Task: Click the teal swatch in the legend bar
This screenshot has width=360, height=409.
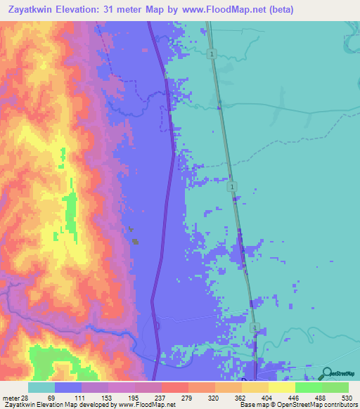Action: (x=41, y=387)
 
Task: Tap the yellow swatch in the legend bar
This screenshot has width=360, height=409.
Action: (x=282, y=387)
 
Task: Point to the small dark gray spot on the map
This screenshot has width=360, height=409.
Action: (x=135, y=241)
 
